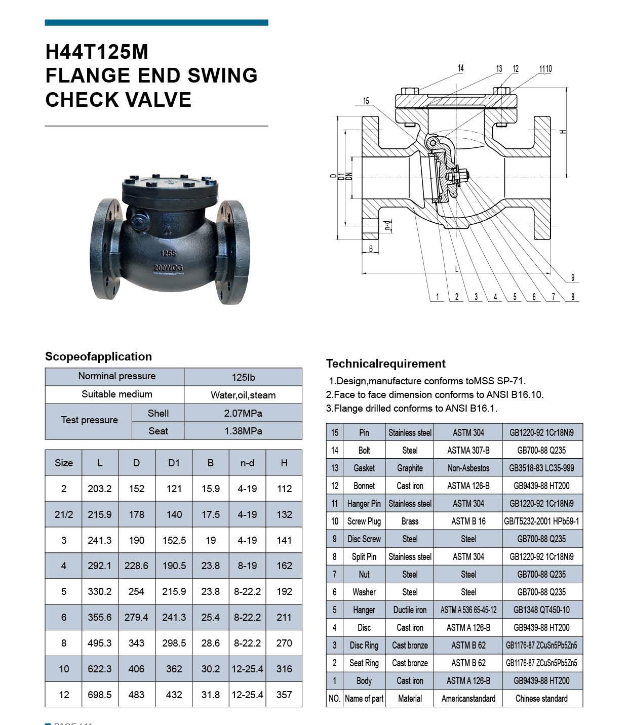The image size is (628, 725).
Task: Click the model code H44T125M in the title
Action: [x=97, y=52]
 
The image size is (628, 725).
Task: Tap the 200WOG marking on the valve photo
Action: [x=168, y=267]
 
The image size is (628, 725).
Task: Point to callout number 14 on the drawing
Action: [x=461, y=68]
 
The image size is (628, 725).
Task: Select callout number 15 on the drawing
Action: [x=366, y=101]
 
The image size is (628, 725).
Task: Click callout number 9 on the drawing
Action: [x=573, y=277]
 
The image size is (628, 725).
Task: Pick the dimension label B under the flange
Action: [x=371, y=249]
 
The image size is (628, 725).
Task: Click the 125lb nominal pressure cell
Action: [x=243, y=377]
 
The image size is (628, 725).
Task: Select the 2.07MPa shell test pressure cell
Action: [x=243, y=413]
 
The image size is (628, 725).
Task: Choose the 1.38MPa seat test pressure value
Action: [x=243, y=431]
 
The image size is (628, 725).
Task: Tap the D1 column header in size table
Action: [x=174, y=463]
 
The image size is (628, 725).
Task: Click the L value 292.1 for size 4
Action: [x=99, y=566]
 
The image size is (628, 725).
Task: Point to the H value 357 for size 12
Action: [x=284, y=695]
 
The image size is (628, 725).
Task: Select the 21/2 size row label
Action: [x=64, y=514]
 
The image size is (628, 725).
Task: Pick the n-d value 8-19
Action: [x=247, y=566]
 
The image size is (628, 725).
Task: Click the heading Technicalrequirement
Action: [x=386, y=364]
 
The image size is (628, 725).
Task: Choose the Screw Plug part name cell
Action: [x=364, y=521]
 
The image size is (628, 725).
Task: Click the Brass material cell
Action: [x=410, y=521]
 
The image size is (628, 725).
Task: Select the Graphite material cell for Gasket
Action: [x=410, y=468]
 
